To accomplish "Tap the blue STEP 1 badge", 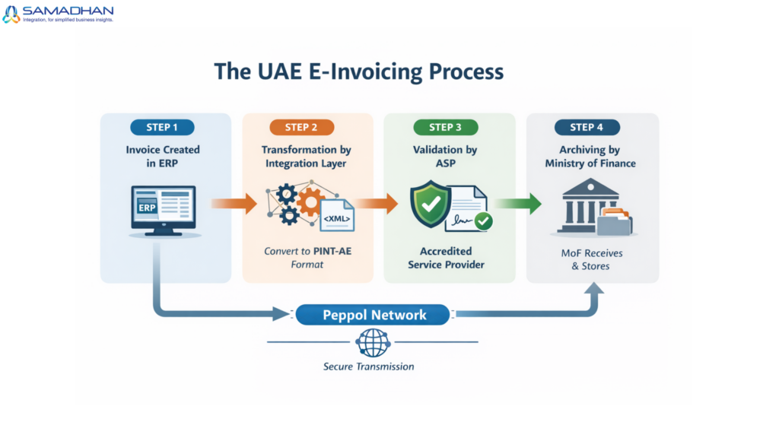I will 162,127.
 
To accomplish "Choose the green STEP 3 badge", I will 445,127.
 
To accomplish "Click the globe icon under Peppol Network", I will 373,343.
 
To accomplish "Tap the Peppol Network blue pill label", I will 374,314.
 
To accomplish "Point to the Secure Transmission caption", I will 369,367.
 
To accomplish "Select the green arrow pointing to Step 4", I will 519,204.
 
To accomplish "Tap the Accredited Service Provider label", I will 445,258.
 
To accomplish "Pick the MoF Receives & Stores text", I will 590,259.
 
